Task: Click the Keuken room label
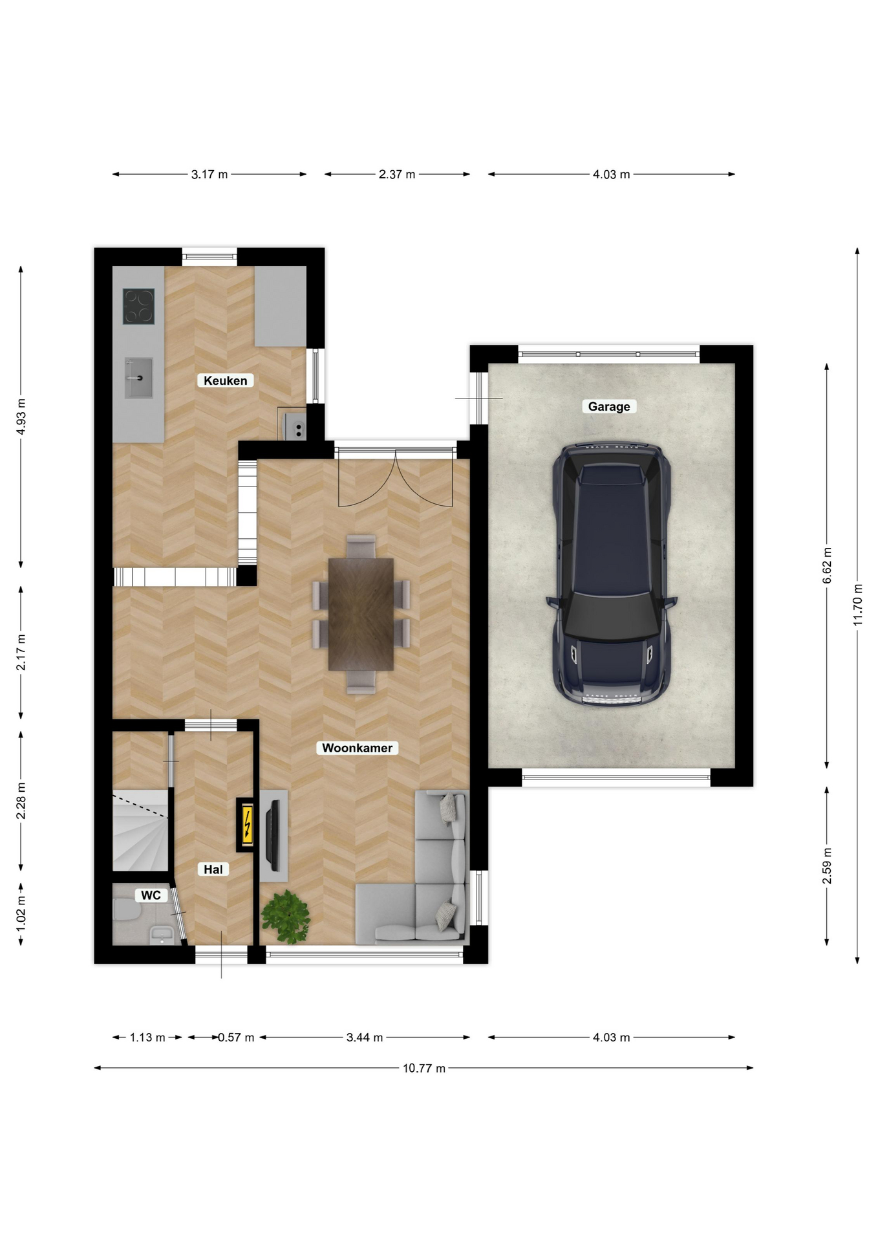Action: pyautogui.click(x=225, y=380)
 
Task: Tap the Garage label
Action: pyautogui.click(x=608, y=406)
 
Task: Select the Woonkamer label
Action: pyautogui.click(x=357, y=748)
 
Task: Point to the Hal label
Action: pyautogui.click(x=213, y=869)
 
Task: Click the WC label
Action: pyautogui.click(x=151, y=895)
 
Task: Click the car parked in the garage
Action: pyautogui.click(x=611, y=574)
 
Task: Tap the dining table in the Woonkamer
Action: pyautogui.click(x=361, y=614)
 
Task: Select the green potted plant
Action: pyautogui.click(x=285, y=917)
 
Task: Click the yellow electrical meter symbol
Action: pyautogui.click(x=247, y=825)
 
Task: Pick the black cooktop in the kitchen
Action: pyautogui.click(x=138, y=306)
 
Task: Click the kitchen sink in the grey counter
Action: pyautogui.click(x=138, y=378)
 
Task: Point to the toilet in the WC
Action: pyautogui.click(x=127, y=910)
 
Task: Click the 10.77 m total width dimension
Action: pyautogui.click(x=423, y=1068)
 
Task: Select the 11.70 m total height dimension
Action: pyautogui.click(x=857, y=605)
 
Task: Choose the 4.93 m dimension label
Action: pyautogui.click(x=21, y=417)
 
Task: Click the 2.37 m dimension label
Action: pyautogui.click(x=397, y=174)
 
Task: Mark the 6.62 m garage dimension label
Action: pyautogui.click(x=827, y=565)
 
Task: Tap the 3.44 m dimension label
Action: pyautogui.click(x=365, y=1038)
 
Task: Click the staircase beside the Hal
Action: pyautogui.click(x=140, y=831)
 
